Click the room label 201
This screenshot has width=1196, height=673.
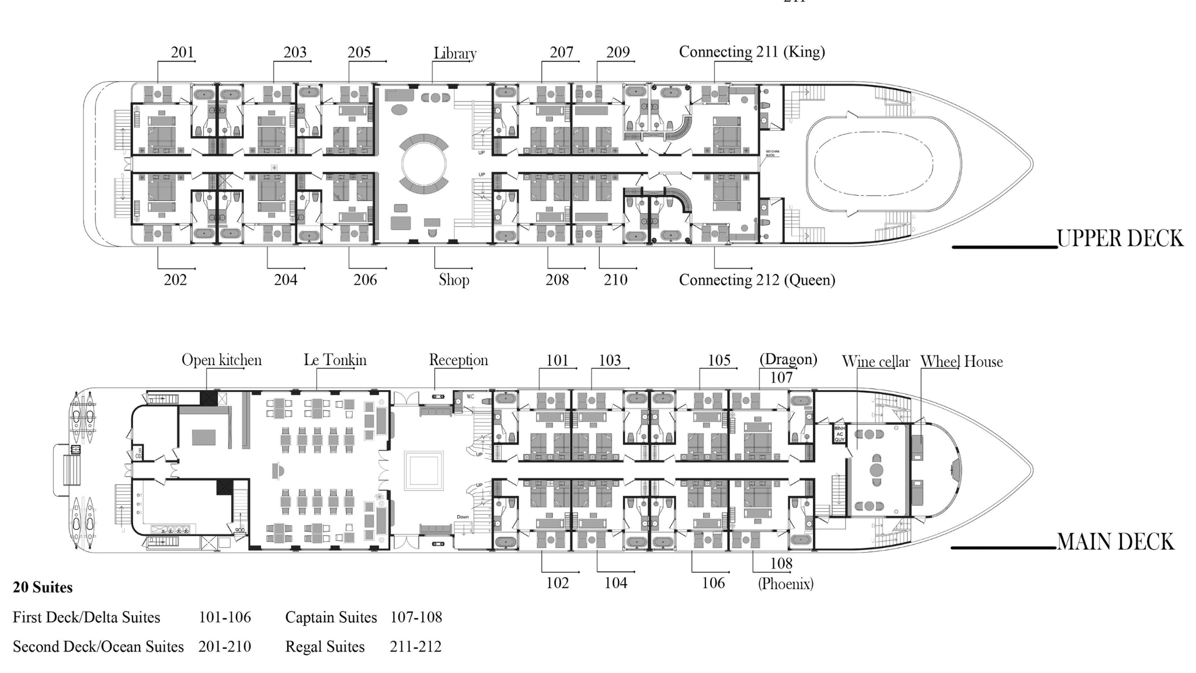[x=182, y=53]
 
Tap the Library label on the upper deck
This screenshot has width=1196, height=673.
[x=455, y=53]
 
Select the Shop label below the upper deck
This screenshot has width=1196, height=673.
[x=454, y=280]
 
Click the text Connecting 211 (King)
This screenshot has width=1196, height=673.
[x=752, y=52]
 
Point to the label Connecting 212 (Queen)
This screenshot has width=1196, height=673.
[x=757, y=280]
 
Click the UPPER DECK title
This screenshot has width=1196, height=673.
[x=1119, y=238]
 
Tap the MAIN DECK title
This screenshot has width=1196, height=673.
[x=1115, y=542]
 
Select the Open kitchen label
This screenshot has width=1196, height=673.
[x=221, y=360]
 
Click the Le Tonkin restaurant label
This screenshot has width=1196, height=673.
[x=335, y=360]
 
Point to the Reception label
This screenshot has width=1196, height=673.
[x=458, y=360]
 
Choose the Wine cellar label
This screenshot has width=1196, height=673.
[x=875, y=362]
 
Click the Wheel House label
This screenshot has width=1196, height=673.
[x=961, y=362]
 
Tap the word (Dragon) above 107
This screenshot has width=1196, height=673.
[x=788, y=359]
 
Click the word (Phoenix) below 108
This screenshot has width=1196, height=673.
[x=785, y=583]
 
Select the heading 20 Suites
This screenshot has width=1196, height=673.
[x=43, y=587]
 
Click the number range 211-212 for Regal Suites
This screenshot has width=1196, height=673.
[x=415, y=647]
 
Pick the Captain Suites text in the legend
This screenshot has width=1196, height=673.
[x=331, y=618]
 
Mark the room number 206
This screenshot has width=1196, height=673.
[x=365, y=280]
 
